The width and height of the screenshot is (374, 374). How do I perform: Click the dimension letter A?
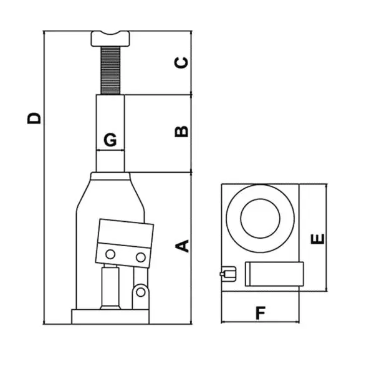coord(182,246)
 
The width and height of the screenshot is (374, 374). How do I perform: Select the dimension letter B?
coord(181,131)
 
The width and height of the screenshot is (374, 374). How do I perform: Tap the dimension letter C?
coord(181,63)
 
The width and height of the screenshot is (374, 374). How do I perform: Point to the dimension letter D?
coord(34,118)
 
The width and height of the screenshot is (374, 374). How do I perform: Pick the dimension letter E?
coord(318,239)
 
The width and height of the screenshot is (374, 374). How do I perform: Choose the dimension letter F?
coord(261,313)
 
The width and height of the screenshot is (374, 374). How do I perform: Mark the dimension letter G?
coord(110,140)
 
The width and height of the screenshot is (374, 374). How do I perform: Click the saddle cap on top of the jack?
coord(110,39)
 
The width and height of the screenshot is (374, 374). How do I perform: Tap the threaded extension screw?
coord(110,70)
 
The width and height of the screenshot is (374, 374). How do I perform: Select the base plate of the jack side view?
coord(110,317)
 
